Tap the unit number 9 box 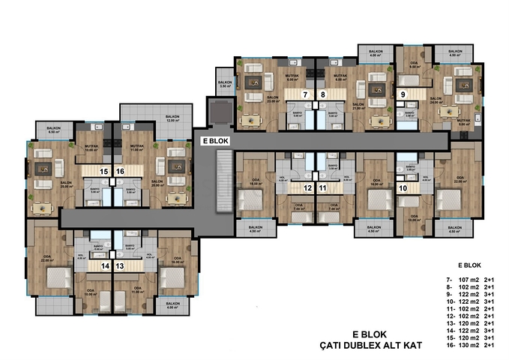click(x=403, y=94)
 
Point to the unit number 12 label click(x=307, y=187)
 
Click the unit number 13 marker click(x=120, y=265)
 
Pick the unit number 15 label click(x=105, y=171)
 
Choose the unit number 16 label click(x=121, y=171)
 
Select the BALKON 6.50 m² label click(x=54, y=129)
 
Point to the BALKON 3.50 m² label click(x=224, y=85)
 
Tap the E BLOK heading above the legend click(x=469, y=265)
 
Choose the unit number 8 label click(x=323, y=95)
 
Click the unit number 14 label click(x=105, y=265)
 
